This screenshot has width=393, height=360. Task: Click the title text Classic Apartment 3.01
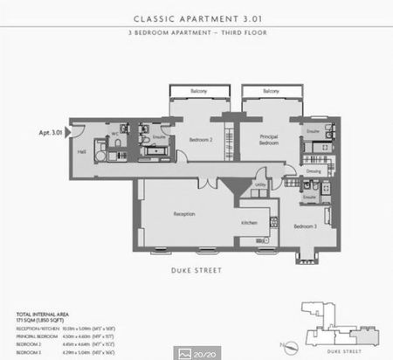196,17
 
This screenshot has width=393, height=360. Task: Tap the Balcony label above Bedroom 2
198,91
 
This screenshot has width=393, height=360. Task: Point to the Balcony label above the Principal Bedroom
271,91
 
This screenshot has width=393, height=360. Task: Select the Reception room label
183,213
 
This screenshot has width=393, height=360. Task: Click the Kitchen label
250,223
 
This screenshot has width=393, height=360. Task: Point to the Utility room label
260,184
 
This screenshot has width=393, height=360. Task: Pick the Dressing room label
314,171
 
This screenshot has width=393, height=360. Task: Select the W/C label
114,134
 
